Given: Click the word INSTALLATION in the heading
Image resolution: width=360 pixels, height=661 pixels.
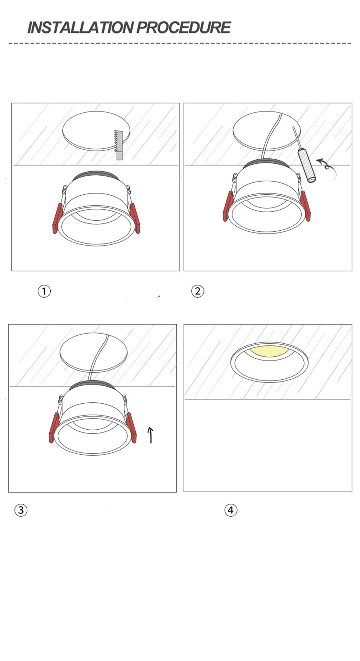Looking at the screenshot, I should point(80,28).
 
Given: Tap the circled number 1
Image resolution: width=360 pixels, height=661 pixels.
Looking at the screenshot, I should point(44,291).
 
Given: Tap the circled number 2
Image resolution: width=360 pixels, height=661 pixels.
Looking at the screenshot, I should point(197,291).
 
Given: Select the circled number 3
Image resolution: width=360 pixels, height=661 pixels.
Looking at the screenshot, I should point(21,510).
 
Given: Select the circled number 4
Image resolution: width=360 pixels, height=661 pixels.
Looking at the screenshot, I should point(231,510).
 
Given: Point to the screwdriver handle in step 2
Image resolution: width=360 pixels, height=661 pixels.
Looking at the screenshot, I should point(307,166).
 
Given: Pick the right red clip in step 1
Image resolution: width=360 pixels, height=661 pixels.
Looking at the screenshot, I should point(135,218).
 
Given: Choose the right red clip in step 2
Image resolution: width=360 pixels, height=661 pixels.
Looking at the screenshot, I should point(305,206).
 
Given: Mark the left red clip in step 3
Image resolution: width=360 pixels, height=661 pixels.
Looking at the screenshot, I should point(54,427).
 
